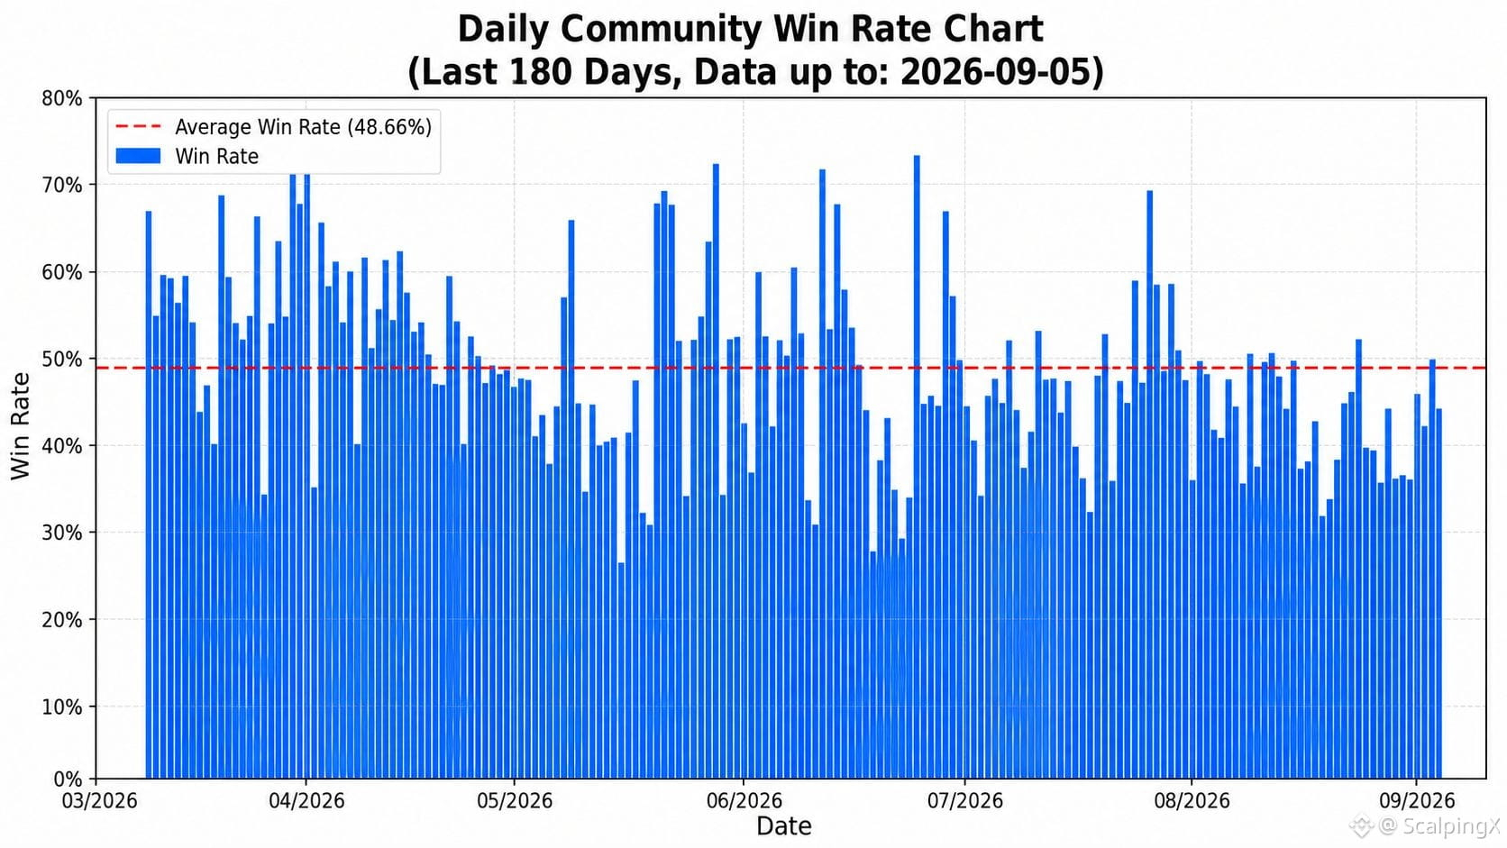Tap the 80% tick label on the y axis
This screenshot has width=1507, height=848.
(62, 99)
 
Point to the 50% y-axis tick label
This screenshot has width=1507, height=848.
(62, 359)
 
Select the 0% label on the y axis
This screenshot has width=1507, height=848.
(68, 780)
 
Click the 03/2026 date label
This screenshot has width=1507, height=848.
(99, 801)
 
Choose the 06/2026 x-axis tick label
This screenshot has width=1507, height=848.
(744, 801)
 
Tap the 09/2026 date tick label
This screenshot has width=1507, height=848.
(1417, 801)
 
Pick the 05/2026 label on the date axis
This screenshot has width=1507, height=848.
(515, 801)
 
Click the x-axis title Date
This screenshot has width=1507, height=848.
(784, 825)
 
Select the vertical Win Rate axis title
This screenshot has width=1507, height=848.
(20, 425)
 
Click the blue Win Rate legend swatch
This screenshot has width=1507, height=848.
(138, 156)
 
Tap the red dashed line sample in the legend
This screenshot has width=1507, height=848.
(138, 126)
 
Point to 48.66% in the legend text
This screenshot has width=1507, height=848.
(389, 127)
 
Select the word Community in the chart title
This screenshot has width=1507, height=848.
(661, 30)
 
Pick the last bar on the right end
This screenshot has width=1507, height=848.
(1439, 594)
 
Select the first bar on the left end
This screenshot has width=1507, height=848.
(149, 495)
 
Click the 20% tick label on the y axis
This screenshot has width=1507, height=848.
(62, 620)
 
